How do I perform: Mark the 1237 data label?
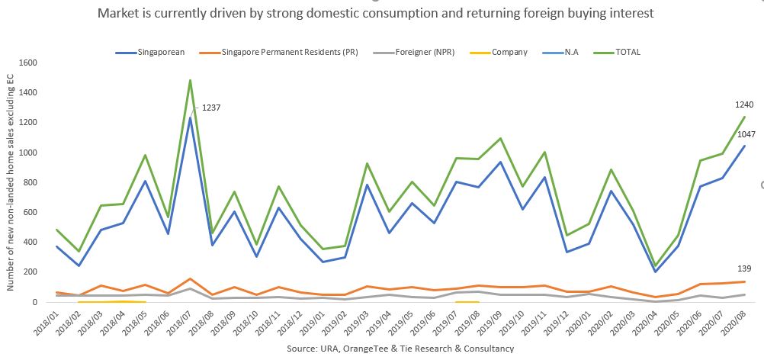[x=210, y=108]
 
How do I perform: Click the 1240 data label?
[x=744, y=104]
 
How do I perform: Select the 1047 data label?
[x=744, y=133]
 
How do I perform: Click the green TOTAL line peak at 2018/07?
[x=190, y=80]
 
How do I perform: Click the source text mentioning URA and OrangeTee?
[x=400, y=349]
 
